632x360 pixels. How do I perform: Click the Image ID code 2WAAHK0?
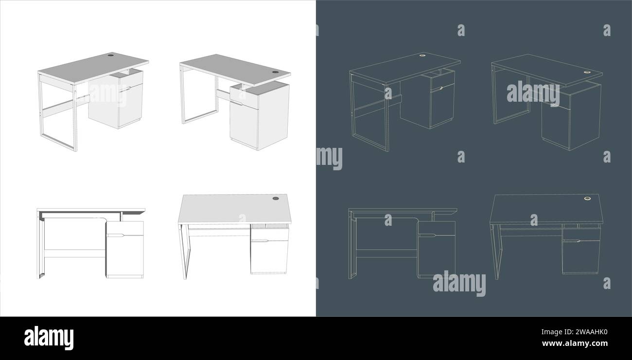pos(574,332)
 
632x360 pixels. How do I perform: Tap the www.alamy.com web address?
pos(575,343)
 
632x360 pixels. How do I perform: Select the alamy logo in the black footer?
pos(49,338)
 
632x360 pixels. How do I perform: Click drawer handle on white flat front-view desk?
pos(116,235)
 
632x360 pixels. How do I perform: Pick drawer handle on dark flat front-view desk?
pos(427,235)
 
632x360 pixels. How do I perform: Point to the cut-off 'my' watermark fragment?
pos(329,158)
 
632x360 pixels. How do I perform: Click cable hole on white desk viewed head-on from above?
pos(276,198)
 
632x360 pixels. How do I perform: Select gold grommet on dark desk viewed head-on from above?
pos(587,198)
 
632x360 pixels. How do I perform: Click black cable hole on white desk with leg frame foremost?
pos(111,55)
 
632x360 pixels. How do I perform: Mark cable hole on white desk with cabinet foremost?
pos(275,72)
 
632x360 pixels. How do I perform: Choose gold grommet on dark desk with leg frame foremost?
pos(422,55)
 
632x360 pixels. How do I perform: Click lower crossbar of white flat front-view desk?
pos(75,253)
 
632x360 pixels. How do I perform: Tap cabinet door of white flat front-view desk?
pos(125,255)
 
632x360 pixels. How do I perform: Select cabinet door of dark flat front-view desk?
pos(437,255)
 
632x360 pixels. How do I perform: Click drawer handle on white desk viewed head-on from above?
pos(260,241)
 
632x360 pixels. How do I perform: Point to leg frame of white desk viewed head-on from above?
pos(184,252)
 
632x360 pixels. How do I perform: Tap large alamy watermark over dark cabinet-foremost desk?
pos(533,93)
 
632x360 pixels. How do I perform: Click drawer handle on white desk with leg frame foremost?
pos(124,90)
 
